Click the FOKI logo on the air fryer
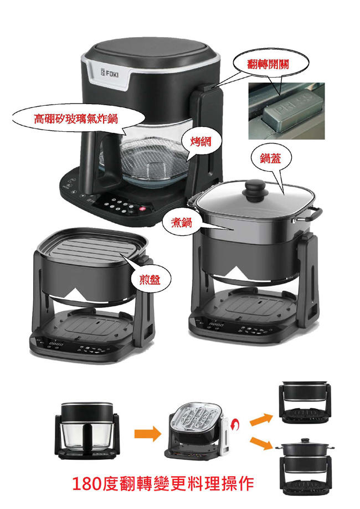coord(110,74)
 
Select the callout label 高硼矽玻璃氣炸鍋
coord(76,119)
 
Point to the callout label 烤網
coord(201,141)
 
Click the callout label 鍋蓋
coord(270,158)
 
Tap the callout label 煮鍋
coord(182,223)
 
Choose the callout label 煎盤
coord(150,279)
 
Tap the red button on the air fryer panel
coord(142,208)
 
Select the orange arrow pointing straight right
coord(148,434)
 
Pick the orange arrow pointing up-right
coord(261,419)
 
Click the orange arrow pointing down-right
coord(261,444)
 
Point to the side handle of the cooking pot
coord(313,215)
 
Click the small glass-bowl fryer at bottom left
coord(87,430)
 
